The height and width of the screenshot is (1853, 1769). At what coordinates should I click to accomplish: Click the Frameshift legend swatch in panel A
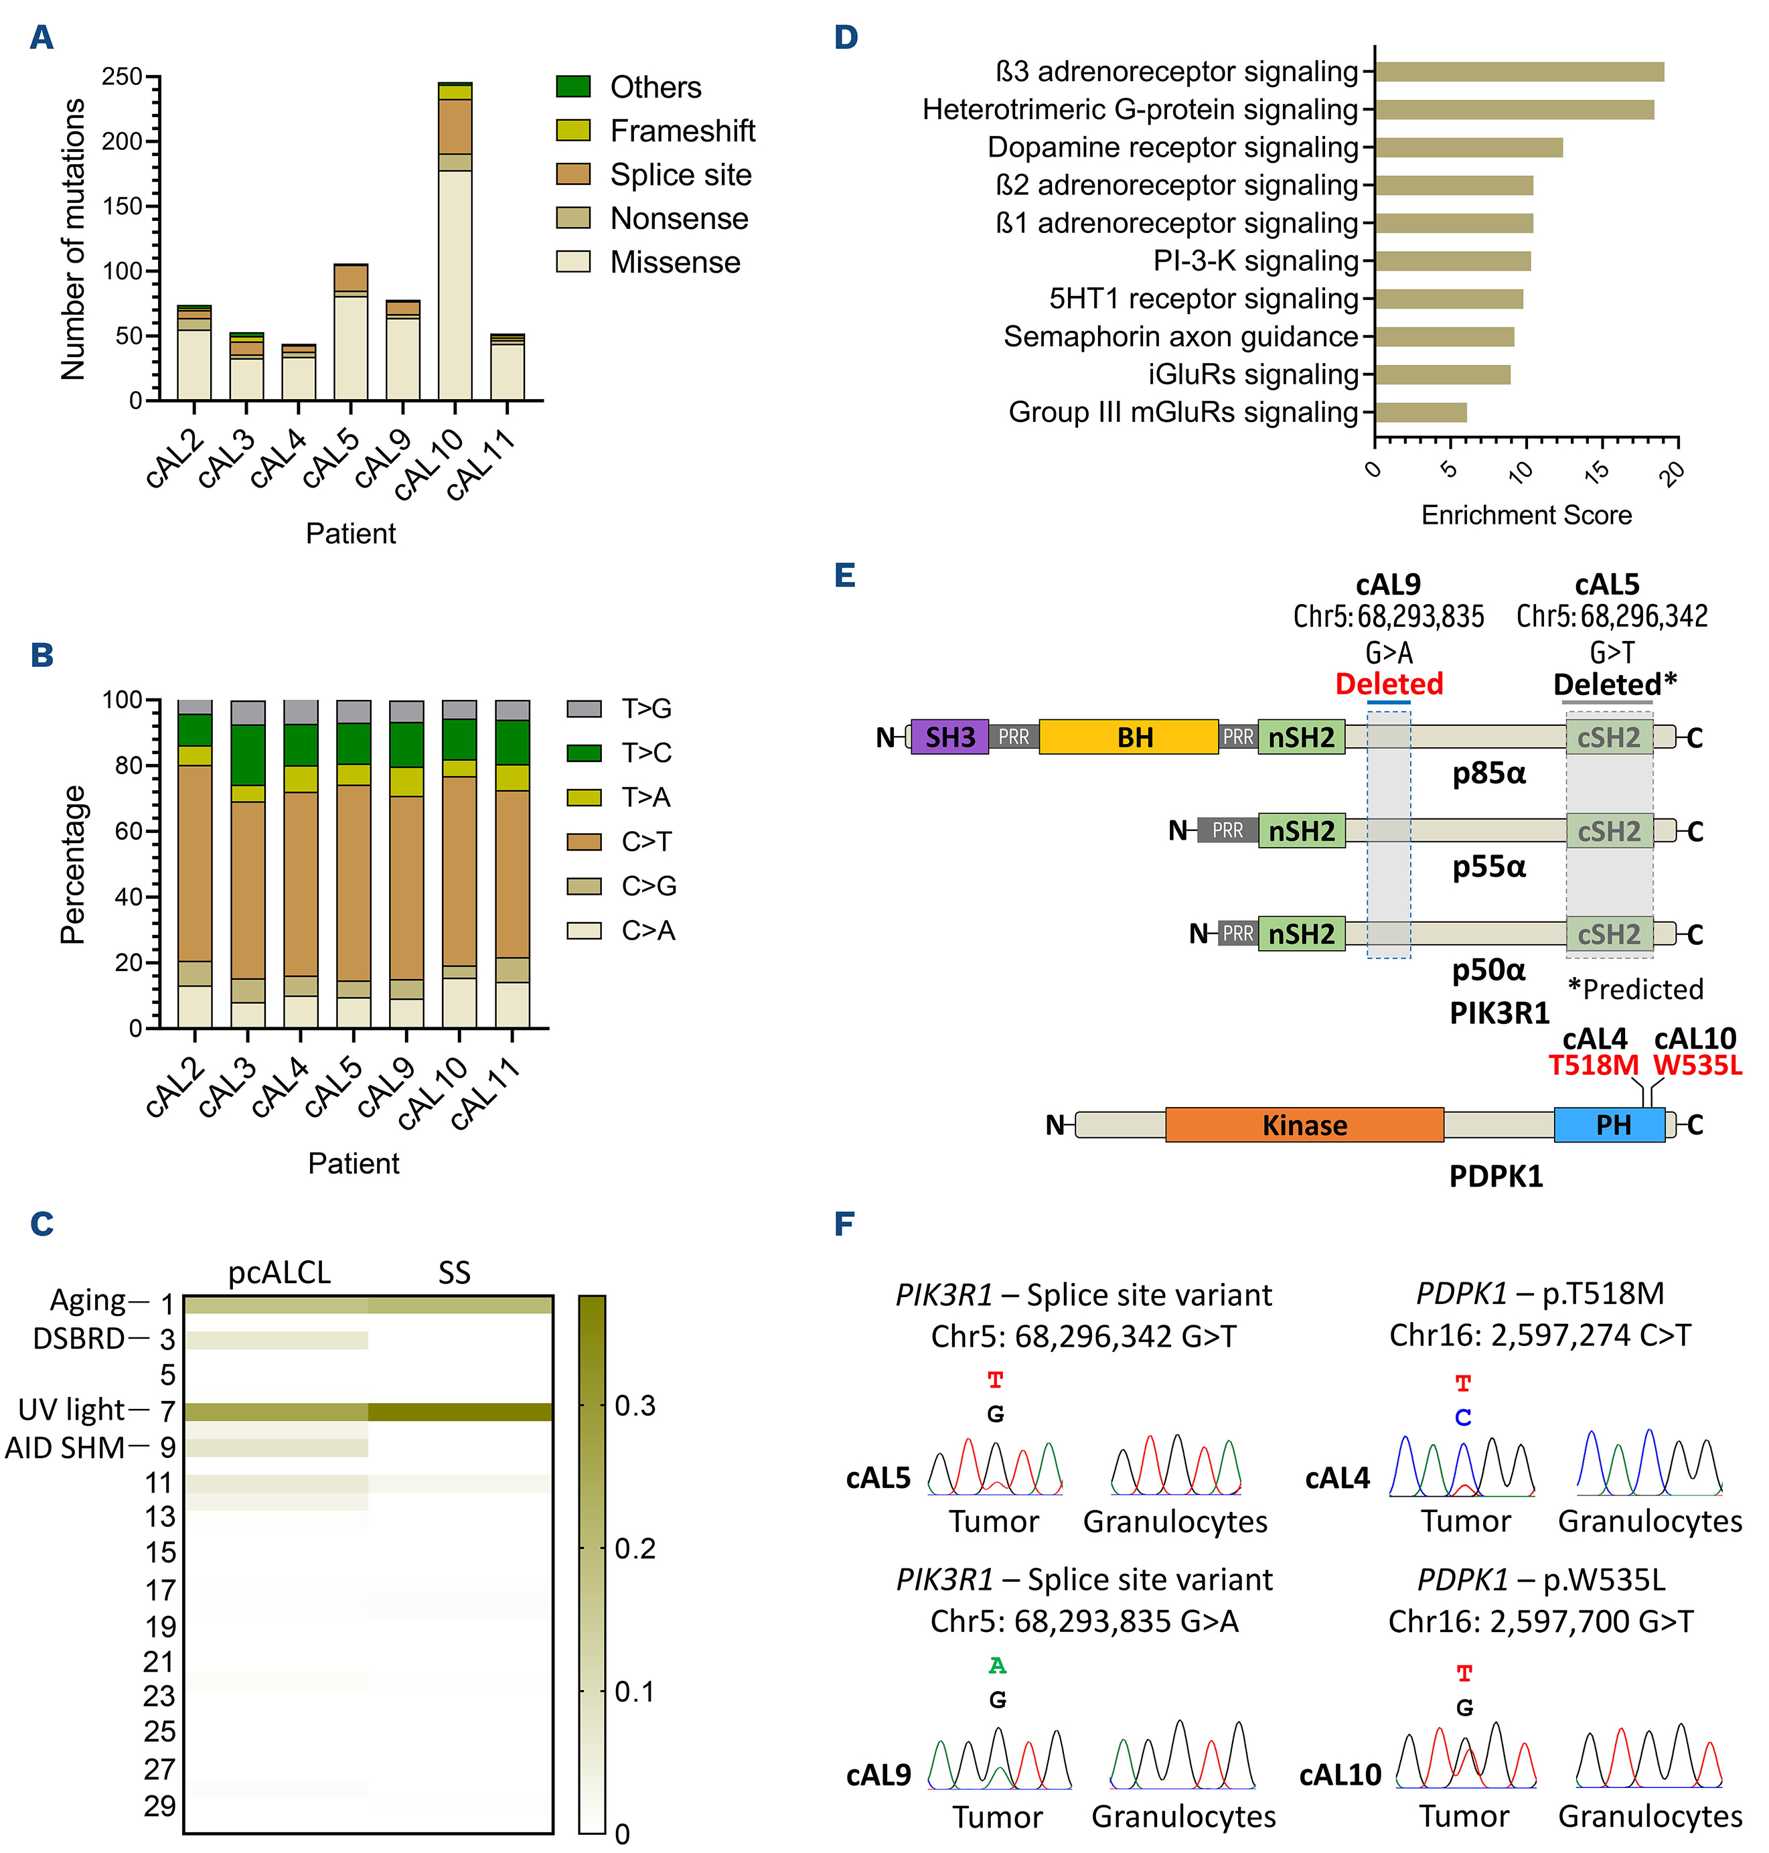point(572,130)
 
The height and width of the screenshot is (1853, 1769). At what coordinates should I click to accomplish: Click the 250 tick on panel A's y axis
point(123,76)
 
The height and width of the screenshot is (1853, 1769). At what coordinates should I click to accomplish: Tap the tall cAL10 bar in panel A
point(455,283)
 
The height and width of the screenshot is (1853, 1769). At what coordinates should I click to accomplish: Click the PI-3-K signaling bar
point(1452,261)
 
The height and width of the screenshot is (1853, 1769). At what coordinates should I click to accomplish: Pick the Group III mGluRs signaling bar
point(1420,412)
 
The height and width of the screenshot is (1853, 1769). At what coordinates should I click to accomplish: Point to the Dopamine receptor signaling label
point(1172,147)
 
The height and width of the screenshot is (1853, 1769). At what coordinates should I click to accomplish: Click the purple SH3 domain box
point(949,737)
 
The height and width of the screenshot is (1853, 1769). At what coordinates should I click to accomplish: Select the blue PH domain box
point(1612,1124)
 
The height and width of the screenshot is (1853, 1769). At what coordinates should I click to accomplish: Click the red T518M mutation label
point(1593,1065)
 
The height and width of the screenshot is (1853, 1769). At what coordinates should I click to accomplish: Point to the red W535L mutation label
point(1697,1065)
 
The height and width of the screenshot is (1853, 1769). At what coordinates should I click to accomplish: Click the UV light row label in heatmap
point(72,1410)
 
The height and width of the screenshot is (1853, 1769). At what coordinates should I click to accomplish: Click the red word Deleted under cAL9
point(1388,684)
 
